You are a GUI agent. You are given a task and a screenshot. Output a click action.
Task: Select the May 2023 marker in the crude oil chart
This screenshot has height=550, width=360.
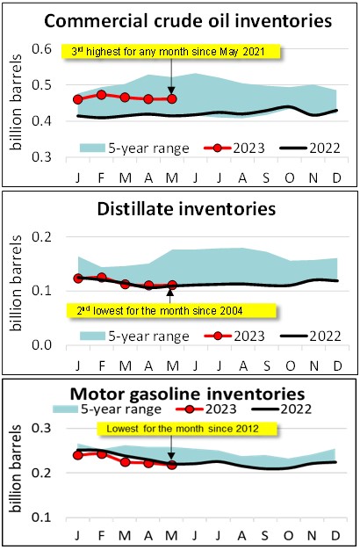click(171, 98)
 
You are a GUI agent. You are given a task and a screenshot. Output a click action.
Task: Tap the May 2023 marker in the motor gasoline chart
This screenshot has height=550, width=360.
click(171, 465)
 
